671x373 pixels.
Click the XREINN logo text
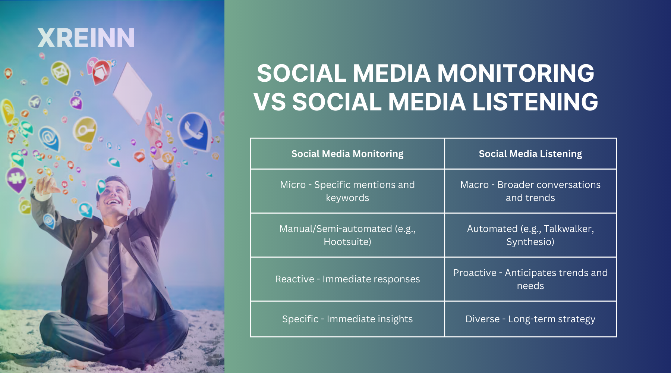[86, 38]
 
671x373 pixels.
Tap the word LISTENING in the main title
[535, 102]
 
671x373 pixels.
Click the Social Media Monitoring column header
[347, 154]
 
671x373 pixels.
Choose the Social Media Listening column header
[530, 154]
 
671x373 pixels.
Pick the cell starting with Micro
[347, 191]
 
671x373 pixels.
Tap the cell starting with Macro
[530, 191]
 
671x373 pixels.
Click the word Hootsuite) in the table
[347, 242]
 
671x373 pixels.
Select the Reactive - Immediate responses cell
[347, 279]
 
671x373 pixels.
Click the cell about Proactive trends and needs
[530, 279]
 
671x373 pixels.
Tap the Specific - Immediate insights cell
[347, 319]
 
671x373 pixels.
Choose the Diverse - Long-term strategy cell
[530, 319]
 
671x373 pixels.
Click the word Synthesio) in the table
[530, 242]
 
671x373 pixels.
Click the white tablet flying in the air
[132, 91]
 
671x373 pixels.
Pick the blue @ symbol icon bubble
[49, 138]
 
